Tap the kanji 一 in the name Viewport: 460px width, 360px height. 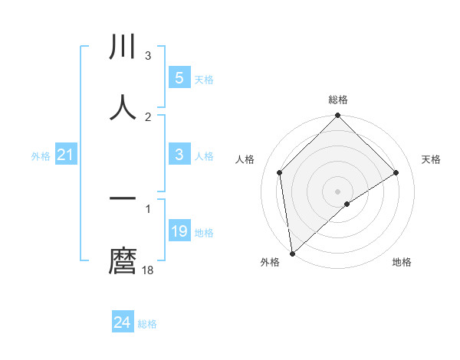[x=123, y=199]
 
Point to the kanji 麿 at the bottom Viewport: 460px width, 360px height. [x=123, y=260]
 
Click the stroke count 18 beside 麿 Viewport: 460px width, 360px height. [x=148, y=270]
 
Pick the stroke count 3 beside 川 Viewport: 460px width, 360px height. [x=148, y=56]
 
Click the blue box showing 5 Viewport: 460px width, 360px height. [x=179, y=78]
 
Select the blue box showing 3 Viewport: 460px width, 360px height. [x=179, y=155]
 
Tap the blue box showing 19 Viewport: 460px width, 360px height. [x=179, y=231]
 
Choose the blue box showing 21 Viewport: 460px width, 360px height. [x=66, y=155]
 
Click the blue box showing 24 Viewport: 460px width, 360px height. [x=122, y=322]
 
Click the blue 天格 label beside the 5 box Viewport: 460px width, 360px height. [x=204, y=80]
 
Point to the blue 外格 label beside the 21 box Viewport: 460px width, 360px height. [x=41, y=156]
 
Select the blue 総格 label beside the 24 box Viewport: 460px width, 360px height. [x=147, y=324]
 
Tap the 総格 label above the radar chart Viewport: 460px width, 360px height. [x=338, y=100]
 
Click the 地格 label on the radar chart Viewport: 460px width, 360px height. [x=402, y=263]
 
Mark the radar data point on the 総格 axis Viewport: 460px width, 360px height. [x=337, y=117]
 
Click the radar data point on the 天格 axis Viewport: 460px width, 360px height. [x=396, y=172]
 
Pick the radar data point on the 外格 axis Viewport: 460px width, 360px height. [x=292, y=253]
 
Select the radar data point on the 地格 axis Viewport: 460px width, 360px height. [x=347, y=204]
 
